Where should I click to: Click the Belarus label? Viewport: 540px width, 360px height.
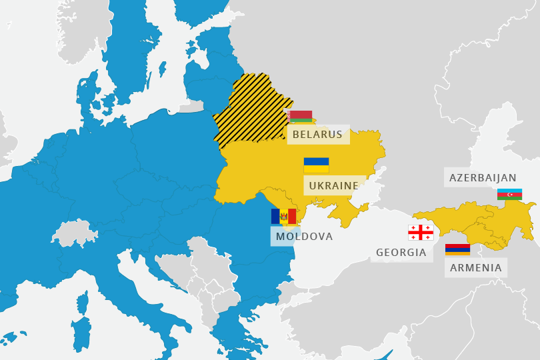pyautogui.click(x=317, y=135)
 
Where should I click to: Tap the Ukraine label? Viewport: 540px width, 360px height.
pyautogui.click(x=333, y=185)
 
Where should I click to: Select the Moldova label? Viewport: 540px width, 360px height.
pyautogui.click(x=304, y=236)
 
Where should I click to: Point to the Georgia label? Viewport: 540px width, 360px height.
pyautogui.click(x=401, y=253)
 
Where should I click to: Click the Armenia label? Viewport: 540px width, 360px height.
pyautogui.click(x=475, y=268)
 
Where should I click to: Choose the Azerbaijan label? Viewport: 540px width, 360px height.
pyautogui.click(x=483, y=177)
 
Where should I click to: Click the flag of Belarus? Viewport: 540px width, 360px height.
pyautogui.click(x=301, y=117)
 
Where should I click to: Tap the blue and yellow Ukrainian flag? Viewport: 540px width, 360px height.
pyautogui.click(x=316, y=165)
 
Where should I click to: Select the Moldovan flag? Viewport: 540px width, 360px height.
pyautogui.click(x=283, y=216)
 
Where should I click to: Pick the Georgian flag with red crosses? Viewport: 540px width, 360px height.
pyautogui.click(x=421, y=233)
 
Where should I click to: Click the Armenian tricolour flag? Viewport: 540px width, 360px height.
pyautogui.click(x=457, y=249)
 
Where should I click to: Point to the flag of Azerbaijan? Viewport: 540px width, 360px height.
pyautogui.click(x=509, y=194)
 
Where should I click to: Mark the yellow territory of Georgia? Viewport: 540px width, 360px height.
pyautogui.click(x=447, y=217)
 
